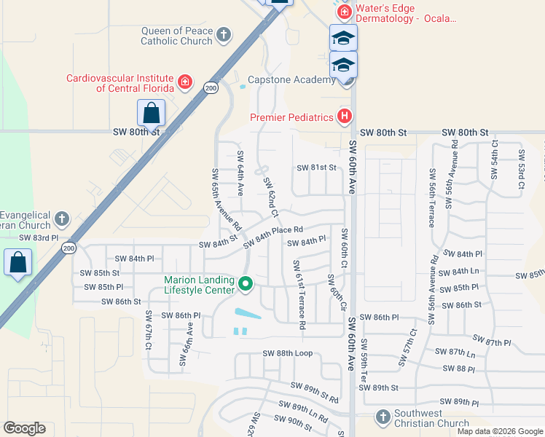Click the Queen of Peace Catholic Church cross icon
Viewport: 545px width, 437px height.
pyautogui.click(x=224, y=34)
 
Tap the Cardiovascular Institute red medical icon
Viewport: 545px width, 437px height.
pyautogui.click(x=185, y=82)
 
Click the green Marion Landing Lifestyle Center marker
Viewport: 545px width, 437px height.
pyautogui.click(x=246, y=284)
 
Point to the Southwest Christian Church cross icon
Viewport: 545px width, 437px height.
pyautogui.click(x=383, y=417)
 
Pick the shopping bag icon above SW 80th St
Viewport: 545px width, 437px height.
pyautogui.click(x=151, y=114)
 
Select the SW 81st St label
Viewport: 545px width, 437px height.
pyautogui.click(x=317, y=168)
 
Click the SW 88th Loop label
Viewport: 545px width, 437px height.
pyautogui.click(x=287, y=353)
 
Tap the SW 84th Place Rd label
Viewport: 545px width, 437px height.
pyautogui.click(x=272, y=234)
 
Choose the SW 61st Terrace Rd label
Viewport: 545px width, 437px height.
pyautogui.click(x=298, y=294)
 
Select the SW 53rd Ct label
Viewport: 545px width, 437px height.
pyautogui.click(x=522, y=170)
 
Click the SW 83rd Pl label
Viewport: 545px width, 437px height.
pyautogui.click(x=38, y=237)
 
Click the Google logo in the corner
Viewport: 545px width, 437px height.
pyautogui.click(x=25, y=428)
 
